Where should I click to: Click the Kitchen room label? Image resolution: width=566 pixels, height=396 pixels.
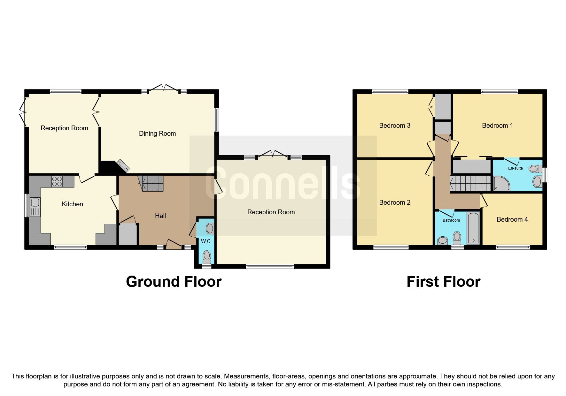point(72,204)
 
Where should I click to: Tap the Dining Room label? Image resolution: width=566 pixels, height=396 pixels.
point(157,133)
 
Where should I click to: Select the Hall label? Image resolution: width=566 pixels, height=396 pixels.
point(160,216)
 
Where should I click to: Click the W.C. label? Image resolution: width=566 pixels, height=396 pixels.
point(206,241)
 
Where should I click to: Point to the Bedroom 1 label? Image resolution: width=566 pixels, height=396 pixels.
point(497,126)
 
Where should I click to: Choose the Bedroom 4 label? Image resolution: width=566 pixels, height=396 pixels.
point(512,219)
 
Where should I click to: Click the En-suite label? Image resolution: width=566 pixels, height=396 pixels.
point(515,168)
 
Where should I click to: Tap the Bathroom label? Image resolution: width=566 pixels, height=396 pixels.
point(451,220)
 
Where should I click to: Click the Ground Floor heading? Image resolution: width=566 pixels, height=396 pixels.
point(174,282)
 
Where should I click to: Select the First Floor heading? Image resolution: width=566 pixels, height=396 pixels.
point(443,282)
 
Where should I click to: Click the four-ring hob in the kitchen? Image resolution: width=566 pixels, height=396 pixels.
point(57,181)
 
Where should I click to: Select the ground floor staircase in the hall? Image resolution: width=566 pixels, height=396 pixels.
point(152,183)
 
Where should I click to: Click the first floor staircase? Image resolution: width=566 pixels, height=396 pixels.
point(470,183)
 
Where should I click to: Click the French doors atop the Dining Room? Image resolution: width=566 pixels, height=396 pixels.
point(163,88)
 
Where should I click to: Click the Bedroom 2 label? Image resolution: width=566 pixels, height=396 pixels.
point(394,202)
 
